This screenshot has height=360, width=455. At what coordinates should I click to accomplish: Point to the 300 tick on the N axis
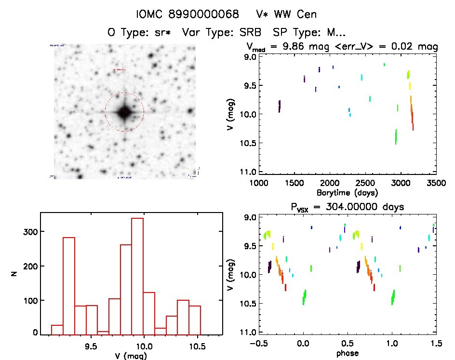(29, 232)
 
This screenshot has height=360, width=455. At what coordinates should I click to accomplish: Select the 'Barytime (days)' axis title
(347, 192)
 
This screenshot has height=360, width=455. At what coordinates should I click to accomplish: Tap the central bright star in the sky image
(124, 112)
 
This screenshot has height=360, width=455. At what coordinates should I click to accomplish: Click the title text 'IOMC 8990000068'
(187, 14)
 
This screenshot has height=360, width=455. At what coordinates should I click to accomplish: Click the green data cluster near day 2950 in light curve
(396, 137)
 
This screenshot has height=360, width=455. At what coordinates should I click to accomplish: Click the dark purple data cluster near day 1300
(280, 106)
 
